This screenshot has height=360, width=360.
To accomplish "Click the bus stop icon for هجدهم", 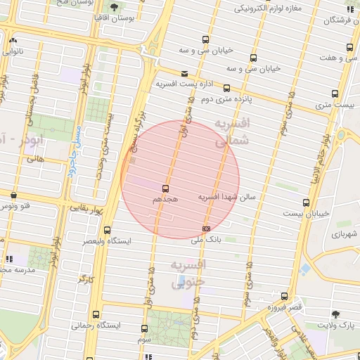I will (x=166, y=188).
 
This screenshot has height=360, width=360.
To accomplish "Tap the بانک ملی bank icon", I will (x=206, y=229).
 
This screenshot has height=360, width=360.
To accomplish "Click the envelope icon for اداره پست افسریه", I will (x=184, y=73).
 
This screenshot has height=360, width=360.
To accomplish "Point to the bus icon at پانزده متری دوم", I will (x=226, y=89).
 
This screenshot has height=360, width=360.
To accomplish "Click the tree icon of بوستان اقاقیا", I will (x=113, y=6).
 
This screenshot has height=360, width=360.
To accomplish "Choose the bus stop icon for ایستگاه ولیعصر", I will (x=107, y=230).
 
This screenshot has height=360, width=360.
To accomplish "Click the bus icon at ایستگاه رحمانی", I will (x=96, y=314).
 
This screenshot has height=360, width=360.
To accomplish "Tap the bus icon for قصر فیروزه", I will (x=283, y=296).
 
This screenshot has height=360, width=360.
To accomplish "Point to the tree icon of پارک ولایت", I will (x=335, y=314).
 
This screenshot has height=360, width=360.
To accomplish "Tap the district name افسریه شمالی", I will (x=231, y=132).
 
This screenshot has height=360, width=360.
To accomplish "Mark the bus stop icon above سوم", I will (x=145, y=328).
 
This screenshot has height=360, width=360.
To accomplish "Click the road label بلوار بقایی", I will (x=86, y=210).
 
